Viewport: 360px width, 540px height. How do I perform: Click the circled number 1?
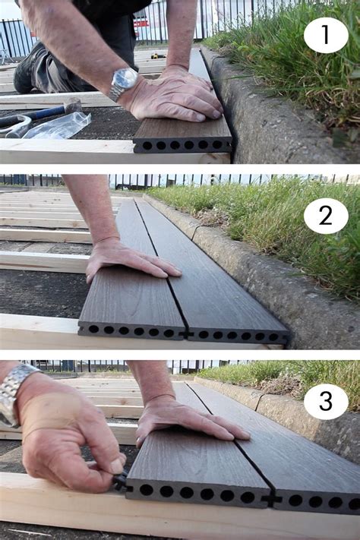point(326,35)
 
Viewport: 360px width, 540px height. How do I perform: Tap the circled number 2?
point(326,216)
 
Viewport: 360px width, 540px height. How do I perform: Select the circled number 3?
point(326,401)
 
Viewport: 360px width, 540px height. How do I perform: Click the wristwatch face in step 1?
point(125,79)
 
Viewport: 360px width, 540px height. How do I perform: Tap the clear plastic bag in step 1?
point(59,125)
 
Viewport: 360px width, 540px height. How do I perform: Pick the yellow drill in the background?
point(158,55)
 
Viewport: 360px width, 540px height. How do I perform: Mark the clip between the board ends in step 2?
point(186,334)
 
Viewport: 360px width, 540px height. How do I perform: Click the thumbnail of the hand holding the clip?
point(116,466)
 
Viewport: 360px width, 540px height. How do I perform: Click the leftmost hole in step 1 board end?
point(147,145)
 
